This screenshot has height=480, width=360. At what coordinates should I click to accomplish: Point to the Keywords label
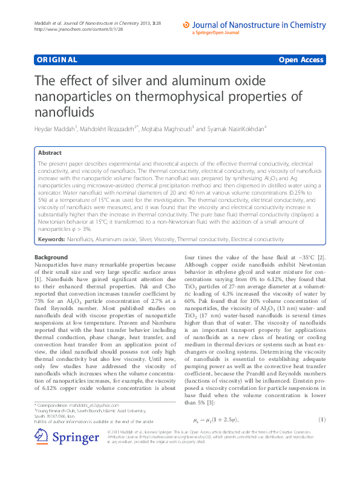tap(51, 239)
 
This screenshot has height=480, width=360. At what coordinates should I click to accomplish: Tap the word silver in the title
tap(147, 81)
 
